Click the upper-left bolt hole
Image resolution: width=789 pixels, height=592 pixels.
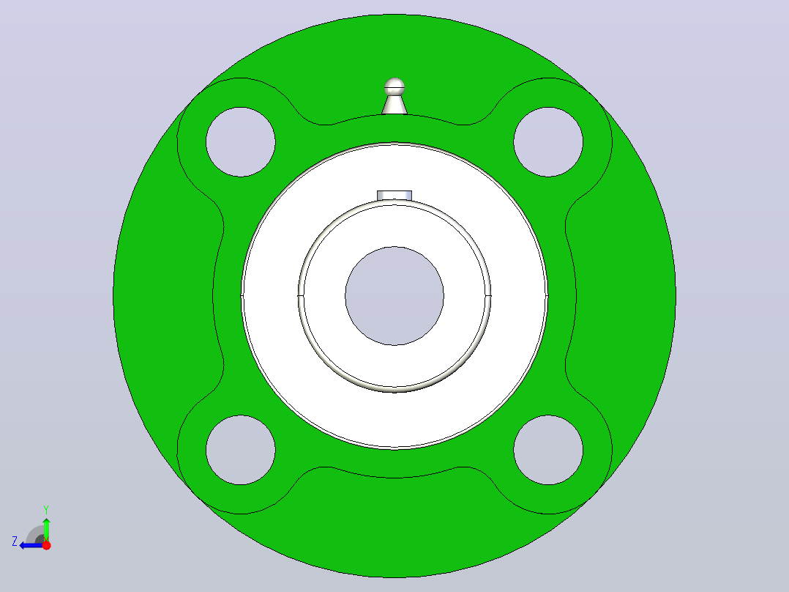(241, 142)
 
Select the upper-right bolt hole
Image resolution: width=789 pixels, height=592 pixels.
(548, 142)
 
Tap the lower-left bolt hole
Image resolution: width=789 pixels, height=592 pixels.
(241, 450)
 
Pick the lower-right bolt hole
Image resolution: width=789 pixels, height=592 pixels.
(548, 450)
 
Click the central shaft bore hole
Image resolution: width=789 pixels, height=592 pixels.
(394, 296)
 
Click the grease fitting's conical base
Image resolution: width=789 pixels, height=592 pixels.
(394, 105)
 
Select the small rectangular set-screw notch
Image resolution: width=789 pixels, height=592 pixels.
(394, 196)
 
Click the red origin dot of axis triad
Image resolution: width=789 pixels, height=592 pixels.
(46, 545)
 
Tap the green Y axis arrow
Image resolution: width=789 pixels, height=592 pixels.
(46, 529)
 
